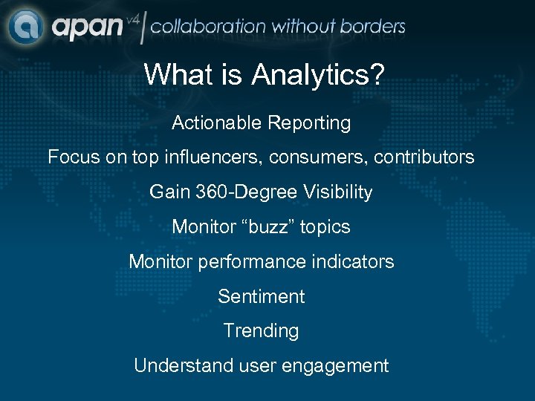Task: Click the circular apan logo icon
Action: click(26, 27)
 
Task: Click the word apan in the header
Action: click(87, 28)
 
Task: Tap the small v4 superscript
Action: click(133, 18)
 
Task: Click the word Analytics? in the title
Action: click(318, 74)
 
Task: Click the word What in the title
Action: click(175, 74)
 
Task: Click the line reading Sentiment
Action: click(261, 297)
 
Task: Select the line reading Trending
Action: click(261, 331)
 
